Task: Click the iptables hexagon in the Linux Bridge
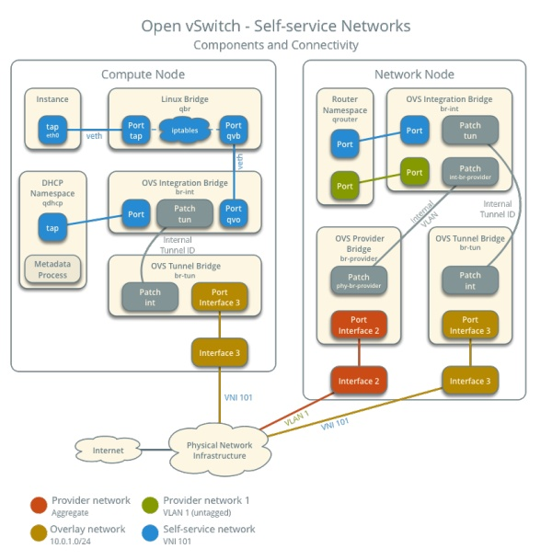(x=185, y=130)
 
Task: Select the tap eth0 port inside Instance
(x=52, y=130)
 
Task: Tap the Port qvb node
(x=233, y=130)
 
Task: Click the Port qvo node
(x=233, y=214)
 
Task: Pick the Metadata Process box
(x=52, y=269)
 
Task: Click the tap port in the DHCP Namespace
(x=52, y=228)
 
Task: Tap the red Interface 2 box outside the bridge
(x=359, y=381)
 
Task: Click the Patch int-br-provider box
(x=469, y=173)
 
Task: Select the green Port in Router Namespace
(x=345, y=185)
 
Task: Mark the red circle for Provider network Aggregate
(x=38, y=505)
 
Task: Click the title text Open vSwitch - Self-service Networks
(x=276, y=26)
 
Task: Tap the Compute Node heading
(x=143, y=74)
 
